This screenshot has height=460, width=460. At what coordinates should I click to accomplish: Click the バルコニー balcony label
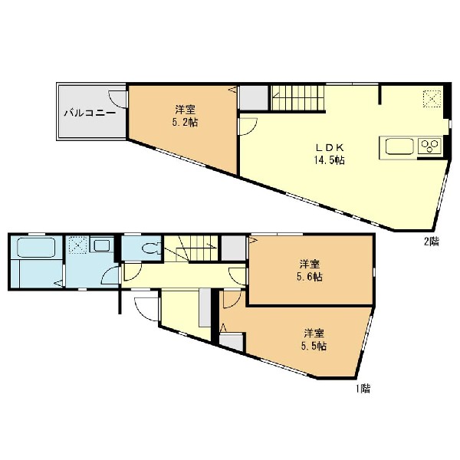click(x=90, y=113)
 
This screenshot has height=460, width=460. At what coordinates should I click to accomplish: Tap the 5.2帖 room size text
click(x=185, y=122)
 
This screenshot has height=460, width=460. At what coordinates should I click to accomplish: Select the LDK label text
click(x=329, y=147)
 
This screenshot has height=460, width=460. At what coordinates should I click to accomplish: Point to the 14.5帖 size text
click(x=329, y=160)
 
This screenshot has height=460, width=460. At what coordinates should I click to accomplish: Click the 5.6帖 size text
click(x=310, y=277)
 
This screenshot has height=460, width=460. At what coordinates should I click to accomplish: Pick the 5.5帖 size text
click(x=314, y=347)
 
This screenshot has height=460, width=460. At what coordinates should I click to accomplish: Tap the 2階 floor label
click(x=431, y=242)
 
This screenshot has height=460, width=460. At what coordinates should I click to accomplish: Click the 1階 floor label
click(x=363, y=389)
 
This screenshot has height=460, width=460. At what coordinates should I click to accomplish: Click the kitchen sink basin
click(x=399, y=146)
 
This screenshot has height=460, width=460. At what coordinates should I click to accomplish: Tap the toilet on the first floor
click(x=151, y=248)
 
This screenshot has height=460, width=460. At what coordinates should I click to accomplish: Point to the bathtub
click(x=36, y=248)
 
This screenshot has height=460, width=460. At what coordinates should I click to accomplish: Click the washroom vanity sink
click(x=102, y=245)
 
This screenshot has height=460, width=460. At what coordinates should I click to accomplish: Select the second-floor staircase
click(x=297, y=98)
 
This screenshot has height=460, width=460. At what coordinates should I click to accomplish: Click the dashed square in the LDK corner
click(x=432, y=99)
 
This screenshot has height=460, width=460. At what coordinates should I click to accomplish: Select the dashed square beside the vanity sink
click(x=77, y=245)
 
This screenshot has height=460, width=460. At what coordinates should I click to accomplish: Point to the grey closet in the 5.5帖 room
click(x=232, y=341)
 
